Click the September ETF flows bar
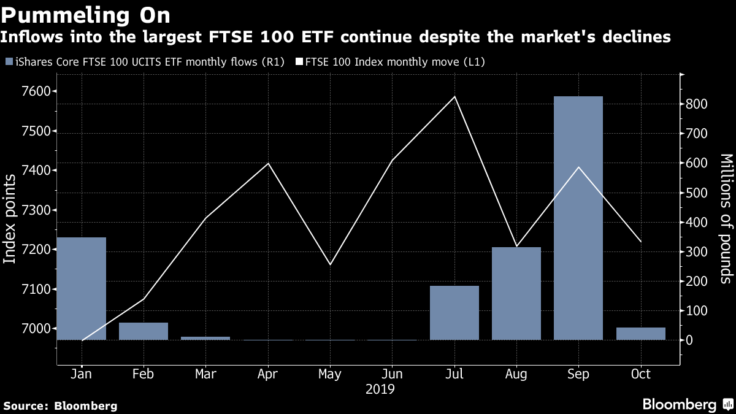(578, 218)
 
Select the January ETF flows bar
(82, 288)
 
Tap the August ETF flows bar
(516, 293)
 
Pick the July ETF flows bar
(454, 313)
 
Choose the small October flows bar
(641, 334)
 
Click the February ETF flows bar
(144, 331)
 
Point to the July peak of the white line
(454, 97)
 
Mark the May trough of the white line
(330, 264)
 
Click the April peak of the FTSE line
(269, 163)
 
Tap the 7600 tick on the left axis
(36, 91)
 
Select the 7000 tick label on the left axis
(36, 328)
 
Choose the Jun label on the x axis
(392, 374)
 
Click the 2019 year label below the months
(380, 389)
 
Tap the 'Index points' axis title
(9, 219)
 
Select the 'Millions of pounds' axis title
(726, 219)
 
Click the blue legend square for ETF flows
(9, 61)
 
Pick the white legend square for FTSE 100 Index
(299, 61)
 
